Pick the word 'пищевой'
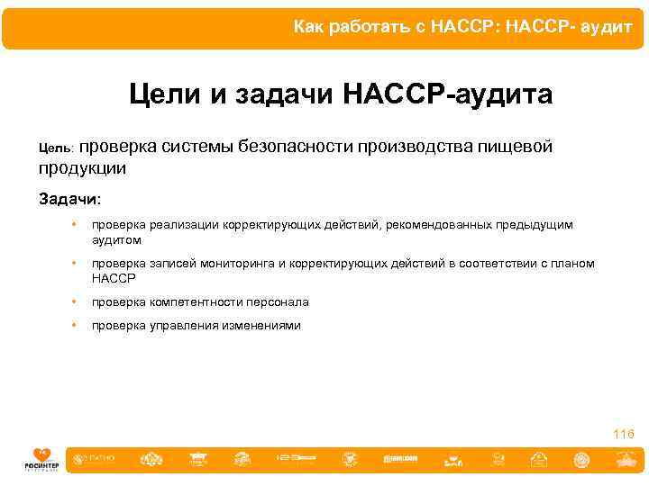click(520, 146)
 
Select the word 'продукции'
click(82, 167)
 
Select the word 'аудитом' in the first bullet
click(116, 239)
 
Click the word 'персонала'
click(276, 302)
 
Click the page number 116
click(623, 435)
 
